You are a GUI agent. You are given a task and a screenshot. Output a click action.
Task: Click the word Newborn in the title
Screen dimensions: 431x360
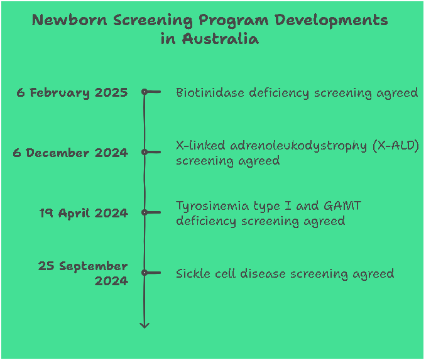coord(69,20)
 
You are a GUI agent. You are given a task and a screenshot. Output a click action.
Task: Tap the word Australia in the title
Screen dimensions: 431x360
coord(221,38)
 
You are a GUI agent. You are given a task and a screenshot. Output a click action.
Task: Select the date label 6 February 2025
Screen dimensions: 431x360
coord(72,92)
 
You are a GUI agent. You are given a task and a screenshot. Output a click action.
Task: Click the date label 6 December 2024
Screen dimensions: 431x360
coord(70,153)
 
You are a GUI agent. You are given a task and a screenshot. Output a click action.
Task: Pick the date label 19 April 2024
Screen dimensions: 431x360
coord(84,213)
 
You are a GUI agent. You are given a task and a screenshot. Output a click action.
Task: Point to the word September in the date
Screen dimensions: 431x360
coord(94,266)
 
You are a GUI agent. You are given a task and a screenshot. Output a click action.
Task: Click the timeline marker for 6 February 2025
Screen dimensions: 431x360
coord(145,92)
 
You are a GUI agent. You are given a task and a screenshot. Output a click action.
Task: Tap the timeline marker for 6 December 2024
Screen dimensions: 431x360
coord(145,152)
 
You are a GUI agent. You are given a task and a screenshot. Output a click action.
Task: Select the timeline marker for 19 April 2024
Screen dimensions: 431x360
coord(145,212)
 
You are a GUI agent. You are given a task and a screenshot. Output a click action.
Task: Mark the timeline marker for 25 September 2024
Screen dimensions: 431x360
coord(145,273)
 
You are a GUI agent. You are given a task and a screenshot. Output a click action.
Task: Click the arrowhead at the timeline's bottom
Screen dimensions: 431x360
coord(145,326)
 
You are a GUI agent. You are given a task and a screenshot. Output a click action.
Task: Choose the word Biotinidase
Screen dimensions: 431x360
coord(210,92)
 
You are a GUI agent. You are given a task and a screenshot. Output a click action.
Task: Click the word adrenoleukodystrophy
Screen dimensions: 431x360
coord(298,146)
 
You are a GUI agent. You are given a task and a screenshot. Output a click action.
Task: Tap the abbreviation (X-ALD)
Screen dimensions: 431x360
coord(396,146)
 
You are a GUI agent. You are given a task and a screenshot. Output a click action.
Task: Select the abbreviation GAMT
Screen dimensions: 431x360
coord(342,205)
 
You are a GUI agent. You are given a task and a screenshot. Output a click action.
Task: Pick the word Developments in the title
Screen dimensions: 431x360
coord(331,21)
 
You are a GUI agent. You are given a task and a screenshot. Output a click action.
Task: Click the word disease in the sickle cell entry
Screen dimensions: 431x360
coord(263,274)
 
